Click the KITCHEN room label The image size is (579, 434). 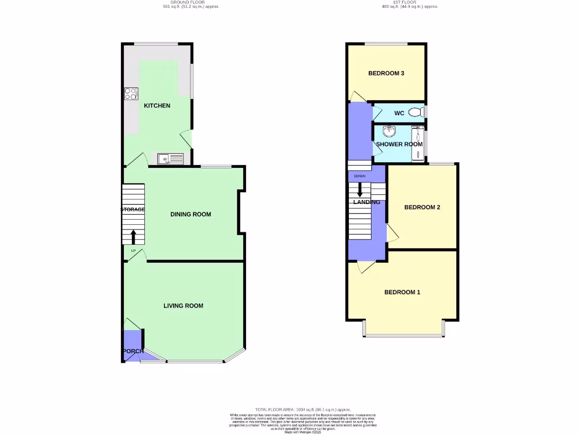pos(157,106)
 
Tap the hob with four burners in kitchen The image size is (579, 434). pos(131,94)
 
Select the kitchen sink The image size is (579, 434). pos(171,159)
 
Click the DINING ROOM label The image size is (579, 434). pos(191,214)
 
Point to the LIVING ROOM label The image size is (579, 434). pos(183,306)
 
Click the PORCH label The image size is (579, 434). pos(132,351)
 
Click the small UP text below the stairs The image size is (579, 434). pos(133,251)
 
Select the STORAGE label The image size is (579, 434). pos(133,210)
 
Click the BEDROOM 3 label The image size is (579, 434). pos(386,73)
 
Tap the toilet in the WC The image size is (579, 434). pos(416,113)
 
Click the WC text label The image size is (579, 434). pos(399,114)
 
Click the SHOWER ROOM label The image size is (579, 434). pos(399,144)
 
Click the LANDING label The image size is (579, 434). pos(366,202)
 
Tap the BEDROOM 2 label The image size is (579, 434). pos(422,207)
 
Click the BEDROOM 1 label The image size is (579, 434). pos(402,292)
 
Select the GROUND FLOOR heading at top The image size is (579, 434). pos(191,2)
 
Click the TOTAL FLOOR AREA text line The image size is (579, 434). pos(304,410)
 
